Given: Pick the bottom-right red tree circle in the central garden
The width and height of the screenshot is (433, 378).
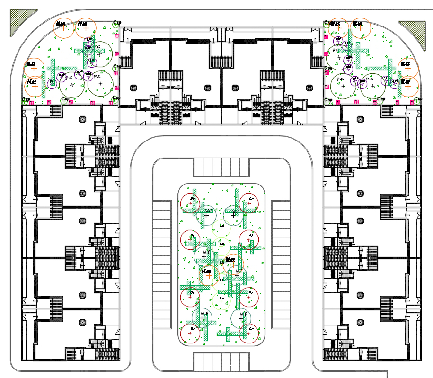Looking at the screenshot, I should [x=249, y=333].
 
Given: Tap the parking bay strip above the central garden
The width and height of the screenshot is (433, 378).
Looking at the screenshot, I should [x=221, y=167].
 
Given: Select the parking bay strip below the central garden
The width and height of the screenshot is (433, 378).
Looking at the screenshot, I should [x=221, y=361].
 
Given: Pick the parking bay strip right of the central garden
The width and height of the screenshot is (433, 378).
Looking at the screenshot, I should [x=281, y=263].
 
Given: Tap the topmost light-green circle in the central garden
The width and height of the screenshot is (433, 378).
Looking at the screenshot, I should [x=222, y=230].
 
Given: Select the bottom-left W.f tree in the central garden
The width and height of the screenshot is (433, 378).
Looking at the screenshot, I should [x=203, y=316].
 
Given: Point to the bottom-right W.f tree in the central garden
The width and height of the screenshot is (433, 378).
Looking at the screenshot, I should [x=241, y=317].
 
